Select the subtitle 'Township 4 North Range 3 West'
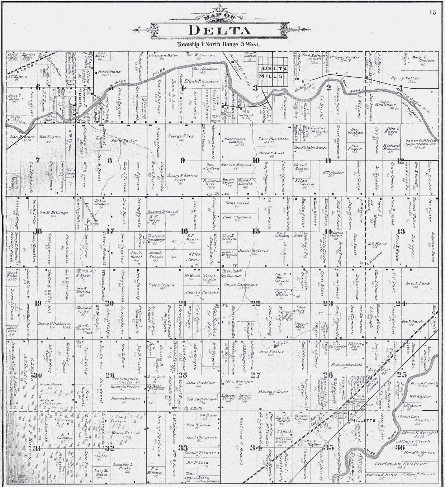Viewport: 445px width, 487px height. (218, 44)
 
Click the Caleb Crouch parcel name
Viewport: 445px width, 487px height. (161, 285)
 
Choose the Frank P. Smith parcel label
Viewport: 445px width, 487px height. (424, 383)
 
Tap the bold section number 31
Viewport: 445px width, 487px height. (37, 448)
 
